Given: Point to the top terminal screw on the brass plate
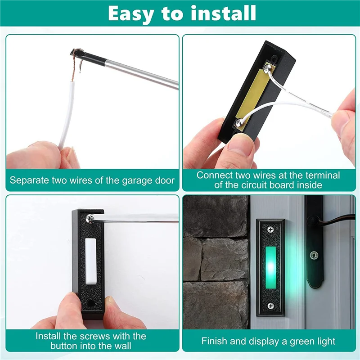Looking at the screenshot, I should (x=267, y=68).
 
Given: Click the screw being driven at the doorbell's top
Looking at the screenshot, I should (x=90, y=218).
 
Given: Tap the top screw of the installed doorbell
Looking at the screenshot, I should (x=270, y=229).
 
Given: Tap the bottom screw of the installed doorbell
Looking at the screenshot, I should (x=270, y=306).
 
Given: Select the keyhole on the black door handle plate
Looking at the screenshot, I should (x=313, y=255).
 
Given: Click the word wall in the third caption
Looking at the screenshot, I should (x=122, y=346).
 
